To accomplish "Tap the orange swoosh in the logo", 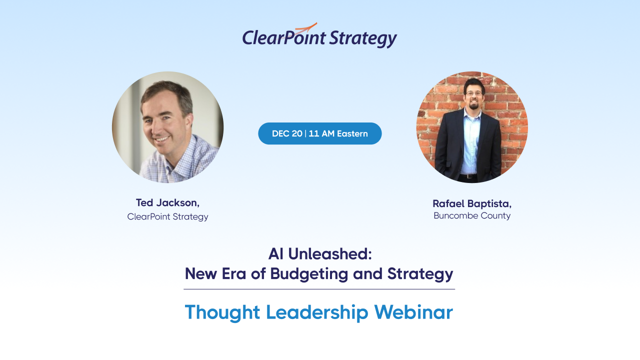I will (x=306, y=27).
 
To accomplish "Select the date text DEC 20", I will (x=287, y=133).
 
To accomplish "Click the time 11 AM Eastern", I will (x=338, y=133).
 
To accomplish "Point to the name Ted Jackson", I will (x=167, y=202).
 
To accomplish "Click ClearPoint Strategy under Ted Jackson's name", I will (x=167, y=216).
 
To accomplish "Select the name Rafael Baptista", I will (x=471, y=203).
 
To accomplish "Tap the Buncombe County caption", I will (x=472, y=215).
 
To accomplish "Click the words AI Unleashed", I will (x=320, y=254).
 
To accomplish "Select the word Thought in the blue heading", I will (x=222, y=312).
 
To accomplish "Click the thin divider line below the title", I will (x=319, y=289).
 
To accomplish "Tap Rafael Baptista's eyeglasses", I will (x=473, y=93).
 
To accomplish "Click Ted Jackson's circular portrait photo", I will (x=167, y=127).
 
